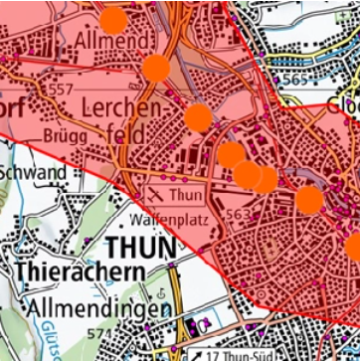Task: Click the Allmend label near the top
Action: click(x=111, y=40)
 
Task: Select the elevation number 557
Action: click(x=63, y=90)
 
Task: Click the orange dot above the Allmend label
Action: click(x=114, y=20)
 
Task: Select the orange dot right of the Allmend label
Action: click(x=156, y=68)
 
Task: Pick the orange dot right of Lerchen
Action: click(x=198, y=117)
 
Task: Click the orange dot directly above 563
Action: click(x=248, y=174)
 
